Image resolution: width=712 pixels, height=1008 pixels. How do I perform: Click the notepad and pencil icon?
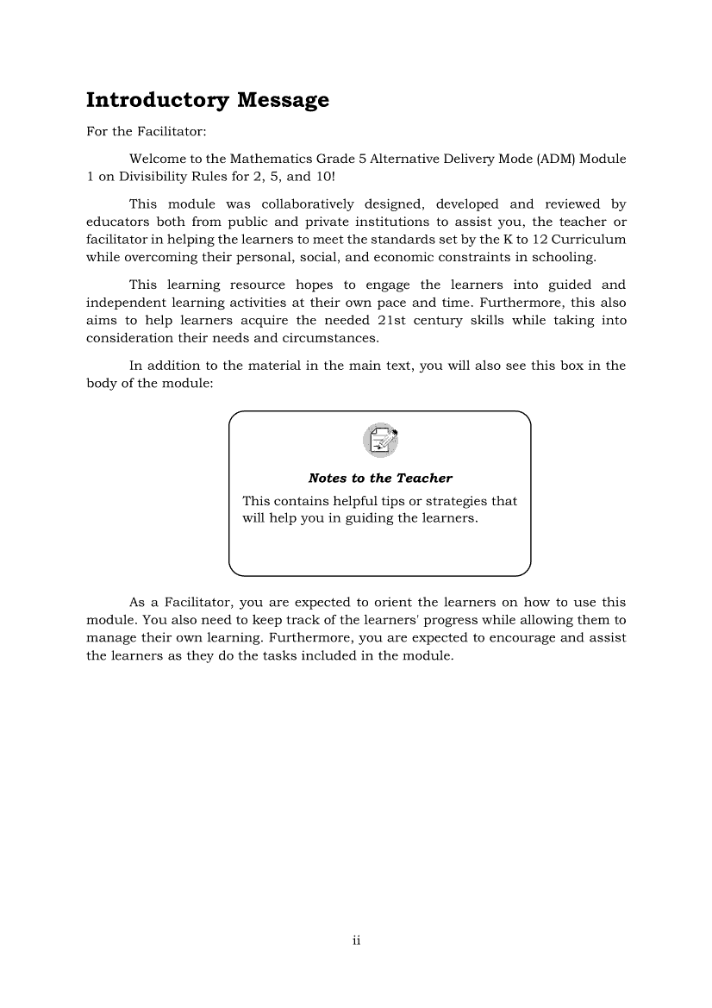point(380,441)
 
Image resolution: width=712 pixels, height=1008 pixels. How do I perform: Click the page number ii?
point(355,940)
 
